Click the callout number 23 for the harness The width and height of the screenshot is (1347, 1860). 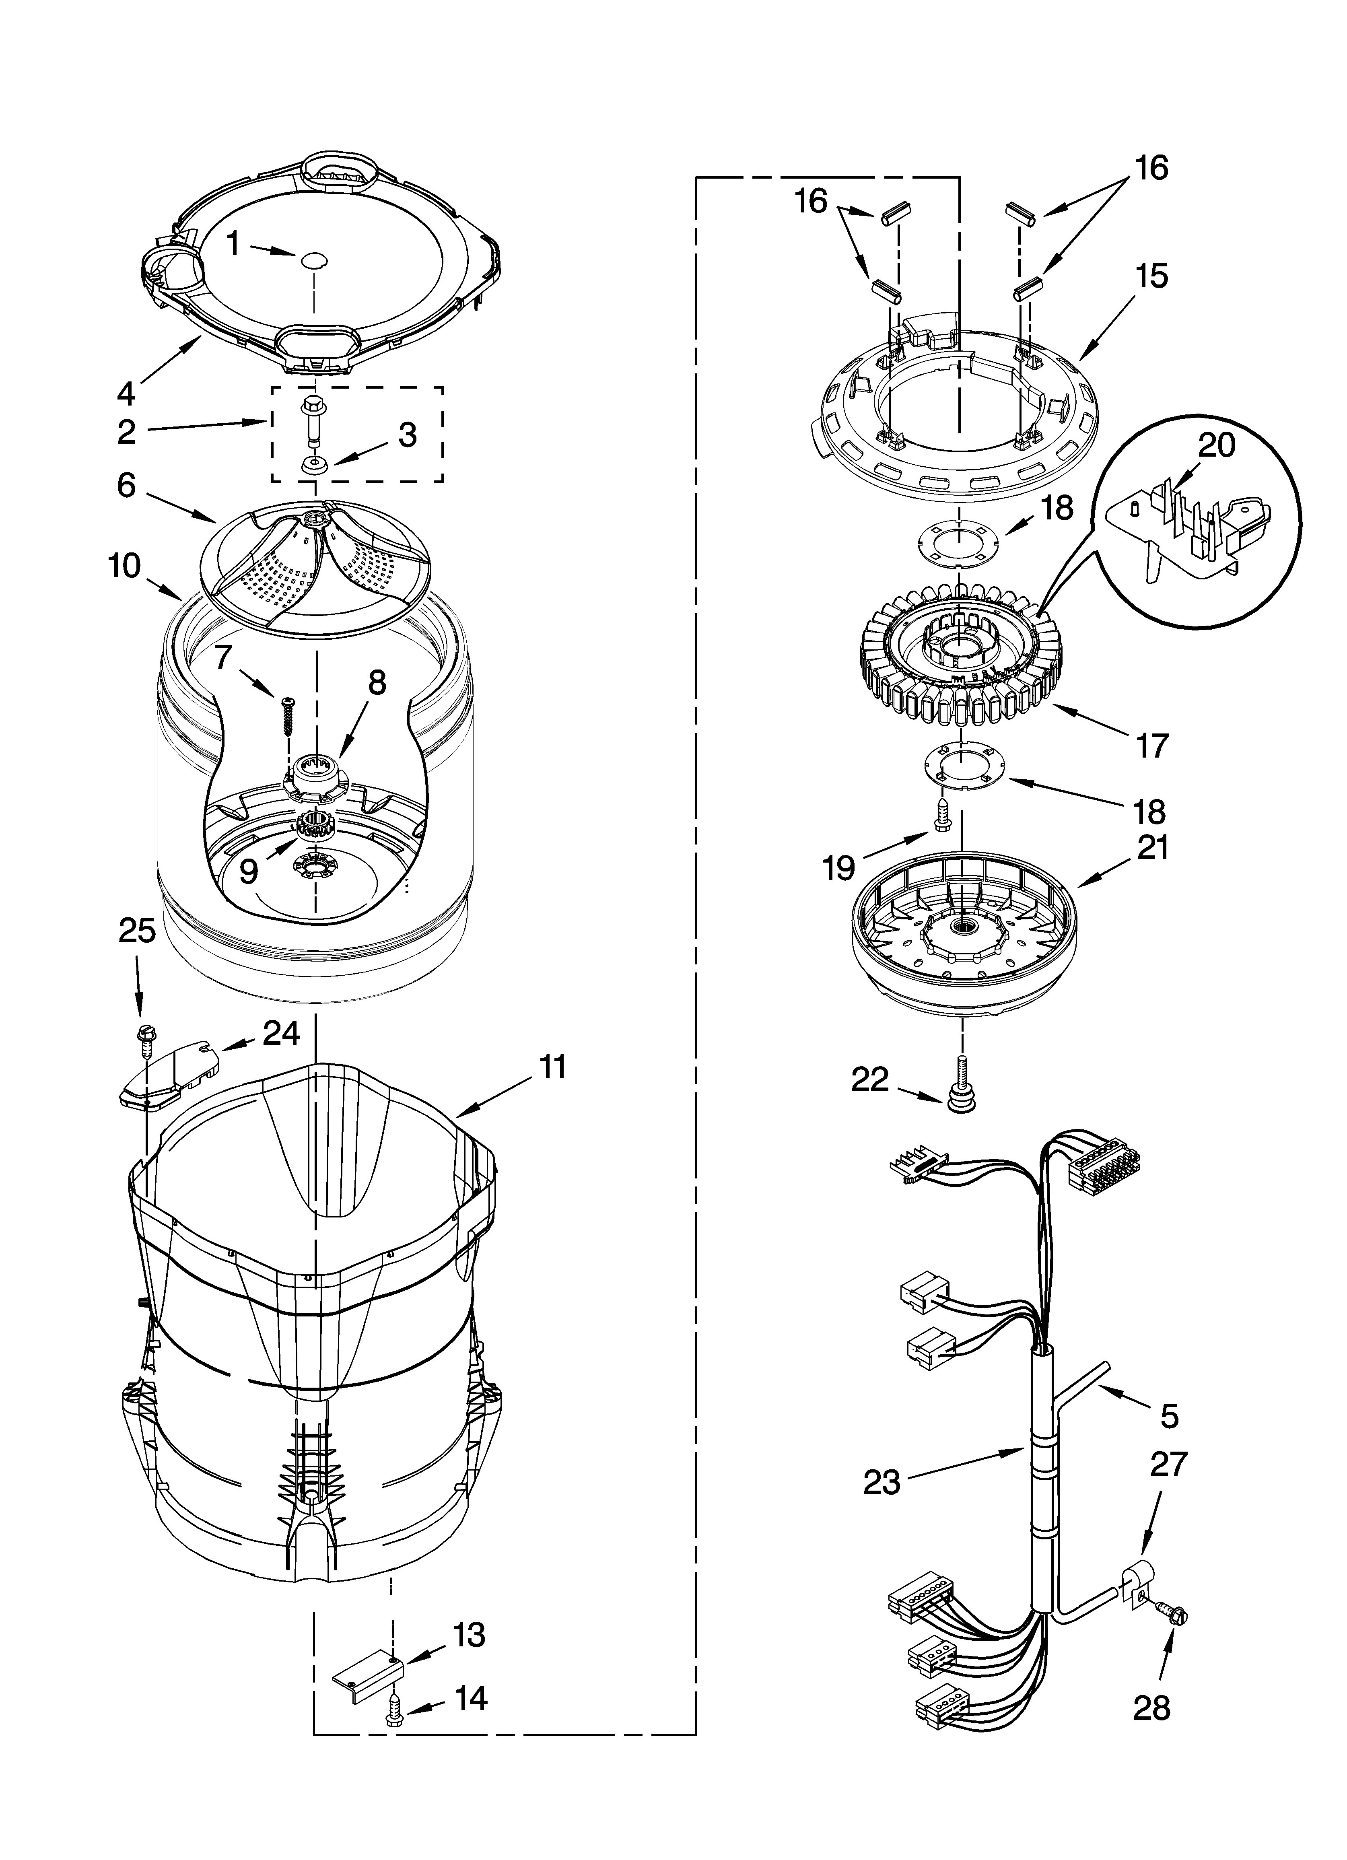pos(882,1482)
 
